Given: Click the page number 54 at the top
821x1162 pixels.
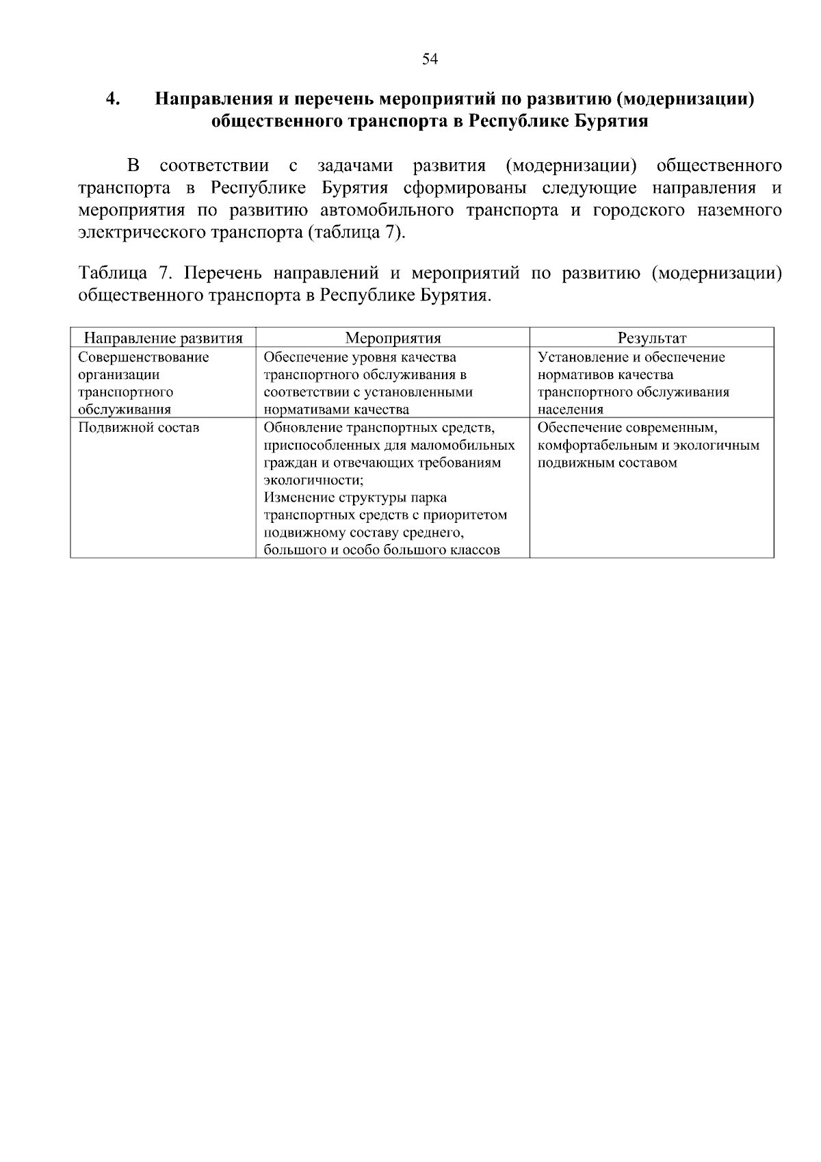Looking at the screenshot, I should coord(430,59).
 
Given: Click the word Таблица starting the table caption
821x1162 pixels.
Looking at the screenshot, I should coord(113,274).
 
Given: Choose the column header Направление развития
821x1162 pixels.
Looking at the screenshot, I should coord(163,338).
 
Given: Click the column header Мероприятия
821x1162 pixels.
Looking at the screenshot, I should coord(393,338).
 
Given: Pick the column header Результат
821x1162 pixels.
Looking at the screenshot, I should coord(651,338).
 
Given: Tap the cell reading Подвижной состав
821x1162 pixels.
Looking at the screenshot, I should coord(139,428).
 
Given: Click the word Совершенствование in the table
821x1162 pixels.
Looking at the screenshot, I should coord(144,357).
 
